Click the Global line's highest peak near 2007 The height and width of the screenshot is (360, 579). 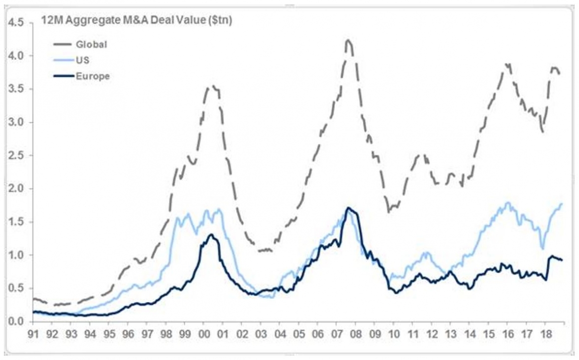point(348,40)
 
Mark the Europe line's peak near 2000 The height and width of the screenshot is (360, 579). point(211,234)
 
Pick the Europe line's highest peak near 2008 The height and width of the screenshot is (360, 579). point(348,208)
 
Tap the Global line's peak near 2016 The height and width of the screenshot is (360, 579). point(507,64)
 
